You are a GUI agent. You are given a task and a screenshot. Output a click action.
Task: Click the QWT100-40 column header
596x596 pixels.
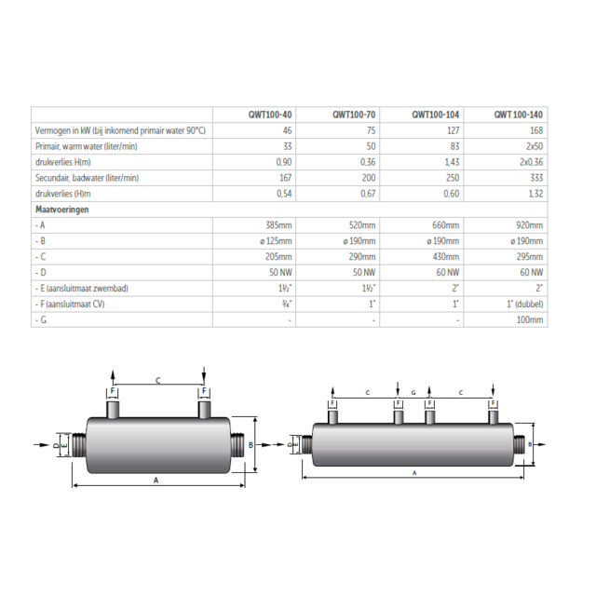point(273,114)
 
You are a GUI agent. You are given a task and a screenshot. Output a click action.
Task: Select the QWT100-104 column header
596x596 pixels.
point(434,114)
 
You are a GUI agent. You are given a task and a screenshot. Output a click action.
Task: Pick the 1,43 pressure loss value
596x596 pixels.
point(449,162)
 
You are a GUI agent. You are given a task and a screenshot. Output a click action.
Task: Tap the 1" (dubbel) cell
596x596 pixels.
point(525,304)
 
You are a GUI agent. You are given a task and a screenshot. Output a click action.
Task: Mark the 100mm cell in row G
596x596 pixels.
point(532,319)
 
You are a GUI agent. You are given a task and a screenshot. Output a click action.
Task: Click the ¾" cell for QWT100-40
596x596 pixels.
point(285,304)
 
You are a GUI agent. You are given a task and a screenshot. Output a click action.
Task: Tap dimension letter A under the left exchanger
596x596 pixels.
point(155,479)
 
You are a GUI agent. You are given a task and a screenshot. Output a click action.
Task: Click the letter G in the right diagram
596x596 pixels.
point(413,393)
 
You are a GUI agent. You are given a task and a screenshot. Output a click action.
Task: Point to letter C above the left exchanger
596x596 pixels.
point(157,380)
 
